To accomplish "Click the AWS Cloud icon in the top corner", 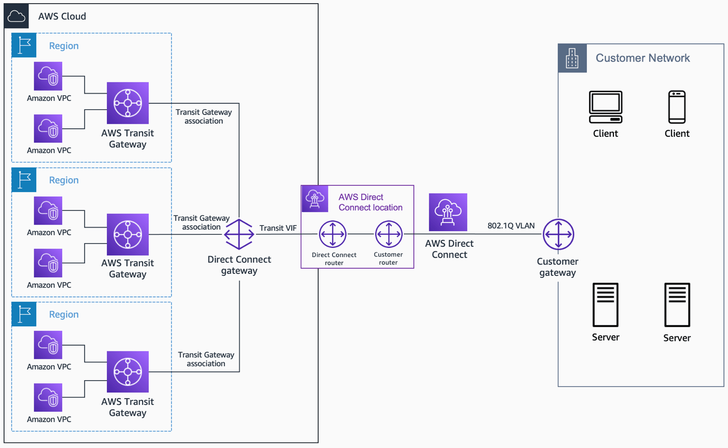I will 16,16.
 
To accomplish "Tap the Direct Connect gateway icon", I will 239,234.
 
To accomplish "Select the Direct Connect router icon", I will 332,234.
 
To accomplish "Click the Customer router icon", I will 388,234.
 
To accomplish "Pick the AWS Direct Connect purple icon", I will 448,212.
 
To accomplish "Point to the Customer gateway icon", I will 558,234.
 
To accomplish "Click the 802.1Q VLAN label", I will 511,226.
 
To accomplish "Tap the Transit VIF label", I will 277,228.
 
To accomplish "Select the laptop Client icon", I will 605,107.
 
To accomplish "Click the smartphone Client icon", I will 677,107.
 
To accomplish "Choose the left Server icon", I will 605,305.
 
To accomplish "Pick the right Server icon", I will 677,305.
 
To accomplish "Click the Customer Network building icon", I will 572,58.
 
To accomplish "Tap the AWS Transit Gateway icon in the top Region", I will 128,103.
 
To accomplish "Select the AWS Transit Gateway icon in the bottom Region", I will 128,372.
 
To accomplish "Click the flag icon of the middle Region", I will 24,180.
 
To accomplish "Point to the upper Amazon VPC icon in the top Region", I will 48,76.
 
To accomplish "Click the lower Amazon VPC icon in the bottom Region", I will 48,398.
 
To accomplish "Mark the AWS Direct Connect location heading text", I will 370,202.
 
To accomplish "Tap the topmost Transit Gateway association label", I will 204,117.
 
